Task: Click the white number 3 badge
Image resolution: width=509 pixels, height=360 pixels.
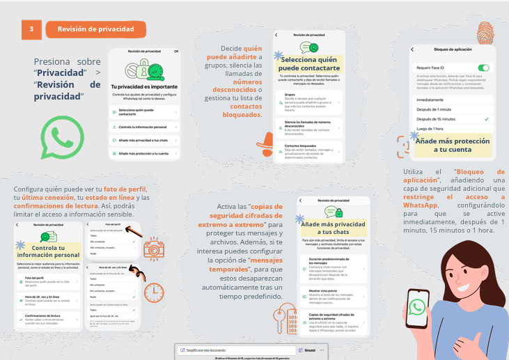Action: pyautogui.click(x=31, y=29)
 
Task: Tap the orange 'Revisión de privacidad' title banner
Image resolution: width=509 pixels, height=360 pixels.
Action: pyautogui.click(x=96, y=29)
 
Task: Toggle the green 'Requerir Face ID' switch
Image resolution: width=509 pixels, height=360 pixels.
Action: pyautogui.click(x=483, y=68)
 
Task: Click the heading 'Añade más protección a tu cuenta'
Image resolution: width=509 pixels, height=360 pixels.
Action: pyautogui.click(x=452, y=145)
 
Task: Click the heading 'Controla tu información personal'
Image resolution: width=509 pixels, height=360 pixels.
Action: pyautogui.click(x=48, y=251)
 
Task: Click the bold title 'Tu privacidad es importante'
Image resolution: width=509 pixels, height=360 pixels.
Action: pyautogui.click(x=143, y=84)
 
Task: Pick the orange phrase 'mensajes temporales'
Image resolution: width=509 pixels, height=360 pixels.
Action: pyautogui.click(x=253, y=264)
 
